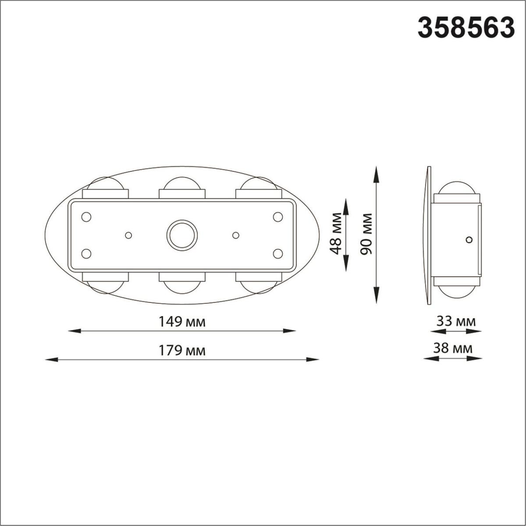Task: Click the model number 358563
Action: click(466, 28)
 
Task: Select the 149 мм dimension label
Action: click(181, 322)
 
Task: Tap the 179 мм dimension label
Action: click(181, 351)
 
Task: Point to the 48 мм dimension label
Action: click(337, 234)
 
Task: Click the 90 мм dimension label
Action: click(366, 234)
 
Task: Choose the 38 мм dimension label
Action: click(453, 348)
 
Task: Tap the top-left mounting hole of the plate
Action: click(86, 217)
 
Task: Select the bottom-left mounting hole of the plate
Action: click(86, 253)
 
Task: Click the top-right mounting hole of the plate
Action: click(277, 217)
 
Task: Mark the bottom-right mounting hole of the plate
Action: click(277, 253)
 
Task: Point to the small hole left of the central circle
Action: click(128, 235)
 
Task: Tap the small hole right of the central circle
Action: click(236, 235)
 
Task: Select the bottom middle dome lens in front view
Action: click(181, 287)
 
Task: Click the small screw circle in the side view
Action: click(469, 239)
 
